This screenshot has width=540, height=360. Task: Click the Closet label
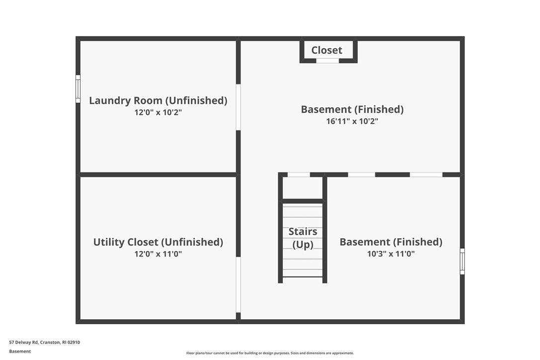[327, 50]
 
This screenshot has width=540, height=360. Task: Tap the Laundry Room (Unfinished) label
[158, 100]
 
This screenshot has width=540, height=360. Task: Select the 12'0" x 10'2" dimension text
[158, 112]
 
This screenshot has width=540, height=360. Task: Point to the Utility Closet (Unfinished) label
[158, 242]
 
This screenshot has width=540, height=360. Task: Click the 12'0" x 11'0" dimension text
[158, 254]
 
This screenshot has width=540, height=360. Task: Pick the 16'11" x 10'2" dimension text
[353, 121]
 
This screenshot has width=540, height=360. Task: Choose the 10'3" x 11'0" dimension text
[391, 254]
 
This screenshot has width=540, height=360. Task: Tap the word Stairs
[303, 232]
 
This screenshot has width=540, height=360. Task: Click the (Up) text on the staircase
[303, 245]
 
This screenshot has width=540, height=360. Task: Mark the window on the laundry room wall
[78, 89]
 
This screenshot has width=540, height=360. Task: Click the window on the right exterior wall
[462, 262]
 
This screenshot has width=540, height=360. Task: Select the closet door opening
[328, 61]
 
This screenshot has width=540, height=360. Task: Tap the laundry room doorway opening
[238, 107]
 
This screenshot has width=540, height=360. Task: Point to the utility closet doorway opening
[238, 284]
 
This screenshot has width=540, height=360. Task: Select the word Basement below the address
[20, 352]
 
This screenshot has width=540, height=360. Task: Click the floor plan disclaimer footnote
[270, 353]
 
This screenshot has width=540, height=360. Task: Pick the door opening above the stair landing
[298, 175]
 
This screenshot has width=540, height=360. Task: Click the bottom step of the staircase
[303, 273]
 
